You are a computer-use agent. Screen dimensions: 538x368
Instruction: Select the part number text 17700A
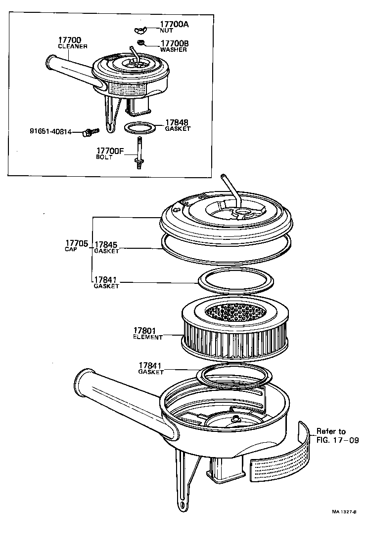(175, 24)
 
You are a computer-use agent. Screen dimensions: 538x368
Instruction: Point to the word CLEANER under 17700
(73, 46)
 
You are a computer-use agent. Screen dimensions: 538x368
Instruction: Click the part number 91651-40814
(50, 131)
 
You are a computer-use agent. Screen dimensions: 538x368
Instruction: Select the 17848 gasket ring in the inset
(140, 128)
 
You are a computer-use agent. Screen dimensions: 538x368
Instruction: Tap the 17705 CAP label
(76, 246)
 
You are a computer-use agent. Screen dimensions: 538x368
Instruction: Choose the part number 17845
(105, 244)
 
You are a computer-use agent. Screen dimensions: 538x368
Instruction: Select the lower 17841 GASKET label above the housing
(151, 368)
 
